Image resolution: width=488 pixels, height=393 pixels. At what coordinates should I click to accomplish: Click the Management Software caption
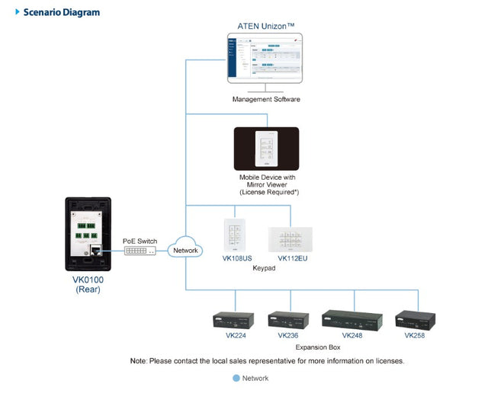click(x=266, y=99)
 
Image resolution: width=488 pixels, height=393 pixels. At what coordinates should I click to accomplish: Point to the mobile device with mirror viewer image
click(x=266, y=148)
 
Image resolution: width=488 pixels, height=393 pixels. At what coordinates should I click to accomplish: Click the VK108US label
click(x=236, y=259)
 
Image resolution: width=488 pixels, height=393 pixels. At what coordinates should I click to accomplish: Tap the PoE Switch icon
click(x=140, y=251)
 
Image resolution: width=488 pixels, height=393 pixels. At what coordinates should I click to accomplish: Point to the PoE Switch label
click(x=140, y=241)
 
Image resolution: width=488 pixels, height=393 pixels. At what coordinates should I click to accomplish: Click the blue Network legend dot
click(x=236, y=378)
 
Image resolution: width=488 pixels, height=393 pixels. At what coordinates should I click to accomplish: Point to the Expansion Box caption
click(x=319, y=346)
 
